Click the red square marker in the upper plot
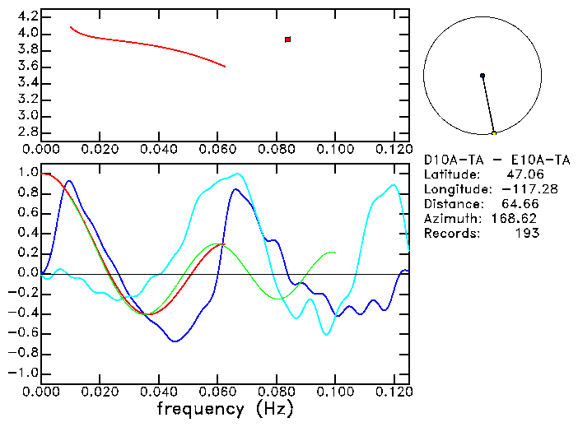click(287, 39)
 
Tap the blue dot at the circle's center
click(482, 76)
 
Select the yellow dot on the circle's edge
click(493, 133)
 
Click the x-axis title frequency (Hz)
click(225, 408)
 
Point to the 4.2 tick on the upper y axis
click(27, 16)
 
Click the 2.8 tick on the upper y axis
click(27, 132)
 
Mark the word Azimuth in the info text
click(450, 219)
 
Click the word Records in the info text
click(450, 234)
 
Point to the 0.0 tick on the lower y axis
click(27, 273)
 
